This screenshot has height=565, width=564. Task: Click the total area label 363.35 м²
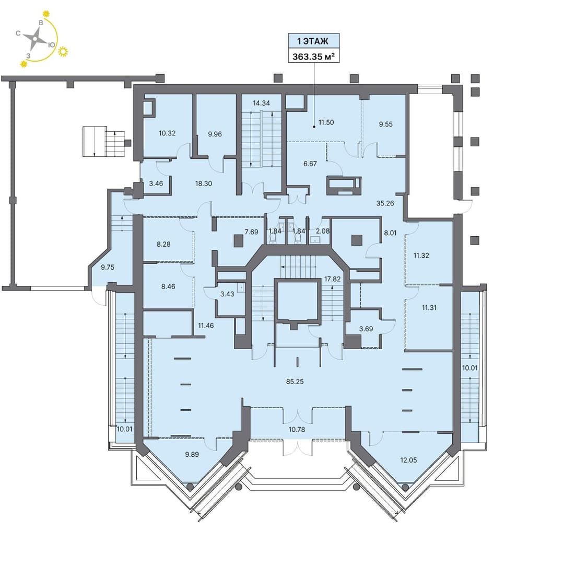coord(313,56)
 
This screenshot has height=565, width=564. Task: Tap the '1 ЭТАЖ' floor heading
coord(313,41)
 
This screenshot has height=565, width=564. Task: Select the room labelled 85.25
coord(295,381)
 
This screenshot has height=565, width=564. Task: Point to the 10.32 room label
coord(167,133)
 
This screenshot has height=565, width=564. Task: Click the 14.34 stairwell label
coord(261,103)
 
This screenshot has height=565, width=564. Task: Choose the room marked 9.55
coord(386,124)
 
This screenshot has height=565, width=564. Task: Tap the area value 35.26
coord(385,203)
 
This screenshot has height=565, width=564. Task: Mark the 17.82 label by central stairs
coord(332,279)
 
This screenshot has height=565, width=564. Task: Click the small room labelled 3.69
coord(366,329)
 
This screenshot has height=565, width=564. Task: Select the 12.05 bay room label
coord(408,460)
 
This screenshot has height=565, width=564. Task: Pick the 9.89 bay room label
coord(192,454)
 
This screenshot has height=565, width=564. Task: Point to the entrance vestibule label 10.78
coord(297,430)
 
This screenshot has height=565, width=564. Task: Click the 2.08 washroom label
coord(323,231)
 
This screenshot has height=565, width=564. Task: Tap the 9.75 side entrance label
coord(108,267)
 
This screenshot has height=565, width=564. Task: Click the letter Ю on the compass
coord(52,44)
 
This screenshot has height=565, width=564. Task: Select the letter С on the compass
coord(18,33)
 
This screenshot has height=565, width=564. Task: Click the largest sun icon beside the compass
coord(63,52)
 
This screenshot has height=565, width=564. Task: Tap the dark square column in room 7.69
coord(238,241)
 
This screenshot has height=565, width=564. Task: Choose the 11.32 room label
coord(421,256)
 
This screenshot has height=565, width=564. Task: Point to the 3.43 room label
coord(227,294)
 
